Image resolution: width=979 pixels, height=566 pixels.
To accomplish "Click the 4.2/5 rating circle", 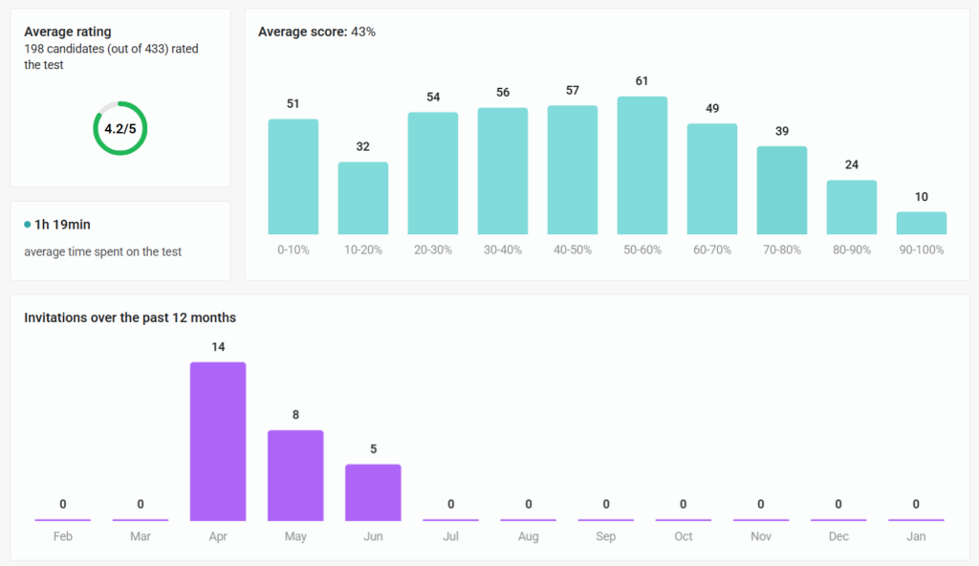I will click(120, 128).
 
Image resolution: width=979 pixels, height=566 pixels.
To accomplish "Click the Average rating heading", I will click(67, 32).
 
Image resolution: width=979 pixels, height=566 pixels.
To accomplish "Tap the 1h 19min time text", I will click(63, 225).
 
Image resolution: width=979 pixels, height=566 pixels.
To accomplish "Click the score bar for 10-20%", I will click(363, 198).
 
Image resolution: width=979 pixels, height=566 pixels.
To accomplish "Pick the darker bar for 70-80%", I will click(782, 190).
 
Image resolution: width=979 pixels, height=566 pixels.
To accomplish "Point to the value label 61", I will click(642, 81).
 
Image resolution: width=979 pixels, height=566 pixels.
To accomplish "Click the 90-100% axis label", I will click(922, 250).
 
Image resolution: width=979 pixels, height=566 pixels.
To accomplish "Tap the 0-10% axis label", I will click(293, 250).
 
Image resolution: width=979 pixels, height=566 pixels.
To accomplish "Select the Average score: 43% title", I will click(316, 32).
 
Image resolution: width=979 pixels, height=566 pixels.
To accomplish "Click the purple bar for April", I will click(218, 441).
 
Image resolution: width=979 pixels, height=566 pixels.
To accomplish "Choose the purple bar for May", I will click(295, 475).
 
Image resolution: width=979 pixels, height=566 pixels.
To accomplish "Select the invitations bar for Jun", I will click(373, 492).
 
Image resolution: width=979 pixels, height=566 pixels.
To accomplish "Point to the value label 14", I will click(218, 347).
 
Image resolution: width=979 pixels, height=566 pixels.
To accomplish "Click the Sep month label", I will click(606, 536).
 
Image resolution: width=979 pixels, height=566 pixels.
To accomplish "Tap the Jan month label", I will click(916, 536).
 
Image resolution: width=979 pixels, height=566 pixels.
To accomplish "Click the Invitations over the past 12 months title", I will click(130, 317).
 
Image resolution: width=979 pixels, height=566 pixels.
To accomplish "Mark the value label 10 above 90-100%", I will click(922, 197).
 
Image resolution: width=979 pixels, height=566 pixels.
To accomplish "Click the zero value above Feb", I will click(63, 504).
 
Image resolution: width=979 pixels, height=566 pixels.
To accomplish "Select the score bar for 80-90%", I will click(852, 207).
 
